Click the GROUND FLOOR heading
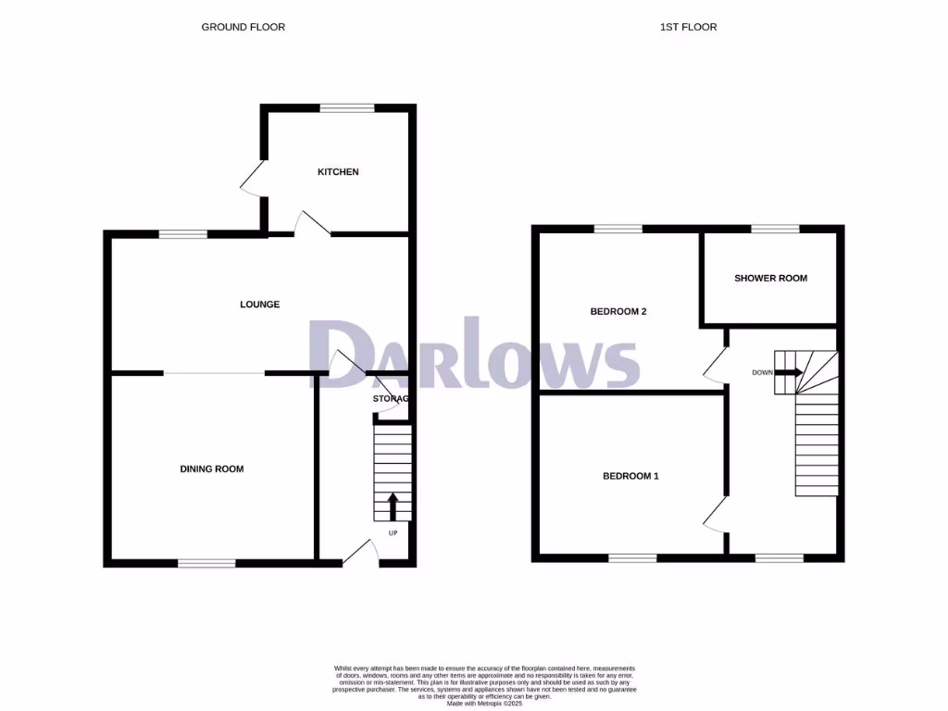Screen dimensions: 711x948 (x=243, y=27)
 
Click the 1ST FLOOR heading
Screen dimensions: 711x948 (x=688, y=27)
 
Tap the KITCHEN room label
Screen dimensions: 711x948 (x=338, y=172)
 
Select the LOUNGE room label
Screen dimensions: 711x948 (x=259, y=305)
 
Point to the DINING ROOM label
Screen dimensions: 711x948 (x=212, y=469)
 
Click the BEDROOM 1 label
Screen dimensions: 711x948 (x=630, y=477)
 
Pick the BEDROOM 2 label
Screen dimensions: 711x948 (x=617, y=312)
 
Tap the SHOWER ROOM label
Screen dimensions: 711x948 (x=770, y=279)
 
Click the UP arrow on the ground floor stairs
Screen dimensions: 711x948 (x=392, y=506)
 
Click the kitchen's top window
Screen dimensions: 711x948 (x=347, y=107)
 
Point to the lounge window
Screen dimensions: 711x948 (x=182, y=234)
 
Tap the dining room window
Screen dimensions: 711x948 (x=206, y=561)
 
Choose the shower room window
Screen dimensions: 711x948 (x=775, y=229)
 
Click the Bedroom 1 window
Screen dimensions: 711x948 (x=632, y=557)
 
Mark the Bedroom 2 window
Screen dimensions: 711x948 (x=617, y=229)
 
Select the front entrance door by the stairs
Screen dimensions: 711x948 (x=362, y=553)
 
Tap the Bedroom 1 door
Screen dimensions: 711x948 (x=715, y=513)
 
